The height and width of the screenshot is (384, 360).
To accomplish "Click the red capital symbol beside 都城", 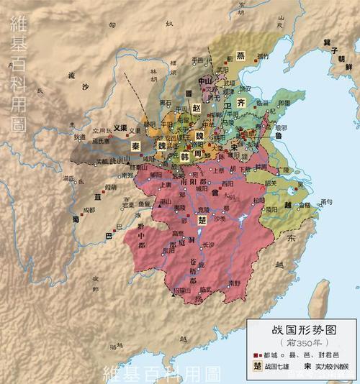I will (x=257, y=355).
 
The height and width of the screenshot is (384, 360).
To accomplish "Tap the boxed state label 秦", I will (x=135, y=145).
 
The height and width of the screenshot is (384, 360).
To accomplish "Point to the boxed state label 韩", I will (x=185, y=155).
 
